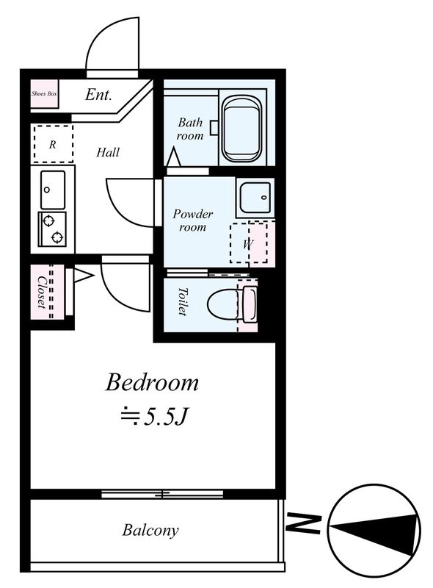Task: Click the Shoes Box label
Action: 44,94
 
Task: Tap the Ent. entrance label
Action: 98,95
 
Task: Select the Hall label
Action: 108,152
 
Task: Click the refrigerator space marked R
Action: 53,144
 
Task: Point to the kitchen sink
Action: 53,190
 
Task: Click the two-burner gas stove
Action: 52,229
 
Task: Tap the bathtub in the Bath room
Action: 241,129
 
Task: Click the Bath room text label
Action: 190,129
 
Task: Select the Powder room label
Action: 192,220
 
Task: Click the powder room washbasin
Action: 255,198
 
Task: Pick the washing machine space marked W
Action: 249,243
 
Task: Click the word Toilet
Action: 183,301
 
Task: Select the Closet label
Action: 42,293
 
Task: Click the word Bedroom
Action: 152,382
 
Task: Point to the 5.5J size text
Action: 153,417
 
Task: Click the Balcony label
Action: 150,530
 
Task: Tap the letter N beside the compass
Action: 303,523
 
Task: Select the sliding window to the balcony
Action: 162,494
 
